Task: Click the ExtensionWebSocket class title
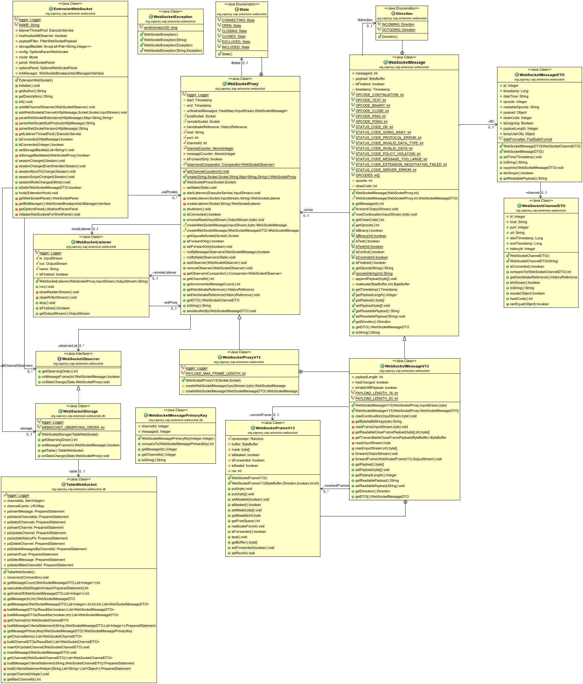click(x=73, y=9)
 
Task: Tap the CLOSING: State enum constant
click(x=234, y=31)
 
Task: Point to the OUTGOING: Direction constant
click(x=398, y=30)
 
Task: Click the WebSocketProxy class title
click(x=243, y=84)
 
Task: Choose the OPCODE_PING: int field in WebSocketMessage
click(x=370, y=116)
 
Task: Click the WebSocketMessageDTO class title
click(x=542, y=75)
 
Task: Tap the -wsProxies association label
click(x=169, y=192)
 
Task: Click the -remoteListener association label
click(x=164, y=273)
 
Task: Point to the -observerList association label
click(x=67, y=346)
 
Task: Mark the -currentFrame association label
click(x=260, y=415)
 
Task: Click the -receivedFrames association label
click(x=336, y=485)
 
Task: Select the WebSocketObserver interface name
click(x=80, y=359)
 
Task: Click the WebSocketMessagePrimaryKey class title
click(x=178, y=415)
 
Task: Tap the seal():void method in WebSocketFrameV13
click(x=239, y=537)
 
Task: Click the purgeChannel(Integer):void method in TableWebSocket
click(x=28, y=674)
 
